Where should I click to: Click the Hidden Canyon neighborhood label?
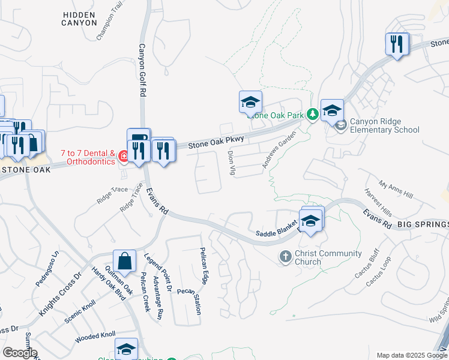(x=79, y=17)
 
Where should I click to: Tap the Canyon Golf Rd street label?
(x=142, y=70)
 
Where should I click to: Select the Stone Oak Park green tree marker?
(x=312, y=114)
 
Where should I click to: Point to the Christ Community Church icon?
(x=286, y=257)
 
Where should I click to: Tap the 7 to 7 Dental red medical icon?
(x=124, y=157)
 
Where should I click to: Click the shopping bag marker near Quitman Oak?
(x=124, y=262)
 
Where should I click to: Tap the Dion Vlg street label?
(x=231, y=163)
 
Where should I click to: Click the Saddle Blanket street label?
(x=277, y=232)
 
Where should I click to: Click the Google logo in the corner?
(x=20, y=352)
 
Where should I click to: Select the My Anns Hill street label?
(x=396, y=190)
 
